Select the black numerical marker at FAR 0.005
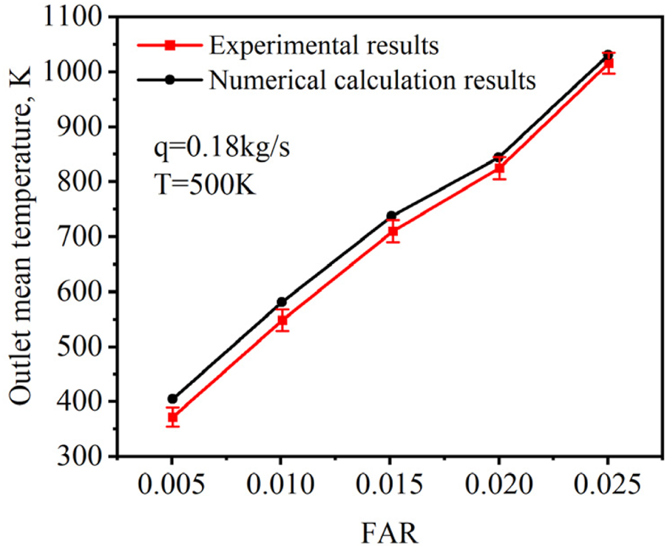click(x=172, y=399)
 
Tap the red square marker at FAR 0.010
click(x=282, y=321)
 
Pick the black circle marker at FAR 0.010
click(x=282, y=302)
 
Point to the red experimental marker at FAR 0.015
click(x=391, y=232)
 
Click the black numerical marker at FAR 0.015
click(x=391, y=216)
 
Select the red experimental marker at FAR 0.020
click(x=500, y=169)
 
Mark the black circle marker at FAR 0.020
click(x=500, y=157)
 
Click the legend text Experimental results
click(x=324, y=46)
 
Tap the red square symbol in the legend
click(x=169, y=46)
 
